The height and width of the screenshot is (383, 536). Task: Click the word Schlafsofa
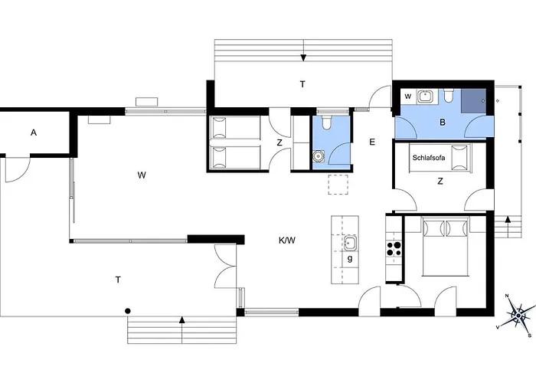[x=429, y=158]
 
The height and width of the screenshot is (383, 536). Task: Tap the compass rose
[x=519, y=315]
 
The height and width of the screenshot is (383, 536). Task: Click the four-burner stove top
[x=394, y=249]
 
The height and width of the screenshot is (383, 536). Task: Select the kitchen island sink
[x=350, y=243]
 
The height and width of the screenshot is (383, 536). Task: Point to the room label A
[x=34, y=133]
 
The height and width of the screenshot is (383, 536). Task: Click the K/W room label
[x=287, y=241]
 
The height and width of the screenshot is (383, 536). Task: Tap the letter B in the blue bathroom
[x=443, y=123]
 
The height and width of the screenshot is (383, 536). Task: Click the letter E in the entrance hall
[x=372, y=142]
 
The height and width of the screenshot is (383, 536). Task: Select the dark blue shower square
[x=473, y=100]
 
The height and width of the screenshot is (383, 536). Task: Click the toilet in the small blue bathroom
[x=327, y=123]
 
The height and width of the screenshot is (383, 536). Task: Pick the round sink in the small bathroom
[x=319, y=156]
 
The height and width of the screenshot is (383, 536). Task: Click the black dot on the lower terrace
[x=128, y=311]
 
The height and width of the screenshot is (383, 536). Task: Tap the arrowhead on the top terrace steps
[x=303, y=58]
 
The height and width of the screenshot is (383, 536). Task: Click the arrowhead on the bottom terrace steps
[x=182, y=320]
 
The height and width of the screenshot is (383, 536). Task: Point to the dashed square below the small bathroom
[x=338, y=185]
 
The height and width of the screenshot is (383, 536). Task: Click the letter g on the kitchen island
[x=350, y=259]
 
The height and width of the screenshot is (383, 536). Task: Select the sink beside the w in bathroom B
[x=425, y=97]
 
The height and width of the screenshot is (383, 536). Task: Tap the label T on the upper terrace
[x=302, y=84]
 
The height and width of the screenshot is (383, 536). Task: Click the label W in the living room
[x=142, y=175]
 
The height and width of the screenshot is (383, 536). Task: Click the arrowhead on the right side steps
[x=508, y=219]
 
